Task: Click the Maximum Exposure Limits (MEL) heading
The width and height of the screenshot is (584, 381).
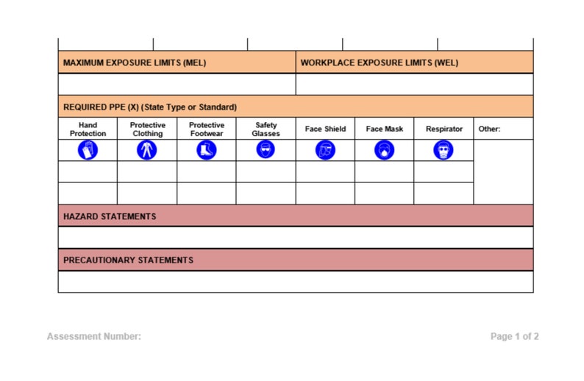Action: [x=135, y=63]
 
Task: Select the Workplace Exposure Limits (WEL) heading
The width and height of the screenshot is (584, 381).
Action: [x=379, y=63]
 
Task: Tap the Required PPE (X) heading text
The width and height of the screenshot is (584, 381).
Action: [x=150, y=107]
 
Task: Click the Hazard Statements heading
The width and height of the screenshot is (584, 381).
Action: [x=110, y=217]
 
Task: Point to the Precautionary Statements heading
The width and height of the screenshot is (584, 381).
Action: [x=128, y=260]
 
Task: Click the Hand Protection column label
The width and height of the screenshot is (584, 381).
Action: [x=88, y=129]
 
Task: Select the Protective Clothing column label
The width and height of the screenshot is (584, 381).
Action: [x=147, y=129]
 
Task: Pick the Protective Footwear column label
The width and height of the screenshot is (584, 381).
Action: [x=207, y=129]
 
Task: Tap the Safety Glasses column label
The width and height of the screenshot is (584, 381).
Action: [x=266, y=129]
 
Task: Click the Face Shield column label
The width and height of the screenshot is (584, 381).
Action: [x=325, y=129]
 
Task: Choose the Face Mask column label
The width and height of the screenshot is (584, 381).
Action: [x=384, y=129]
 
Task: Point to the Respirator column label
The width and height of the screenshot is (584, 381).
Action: [x=444, y=129]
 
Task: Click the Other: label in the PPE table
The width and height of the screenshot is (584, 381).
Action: [x=489, y=129]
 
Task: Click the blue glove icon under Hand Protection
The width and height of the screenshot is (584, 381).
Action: [x=88, y=150]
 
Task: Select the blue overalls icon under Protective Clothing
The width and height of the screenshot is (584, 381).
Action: [x=147, y=150]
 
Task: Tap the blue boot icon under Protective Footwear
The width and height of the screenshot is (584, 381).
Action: [x=207, y=150]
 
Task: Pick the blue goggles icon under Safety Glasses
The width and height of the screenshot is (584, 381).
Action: [x=266, y=150]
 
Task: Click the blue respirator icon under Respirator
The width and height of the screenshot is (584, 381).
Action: [x=444, y=150]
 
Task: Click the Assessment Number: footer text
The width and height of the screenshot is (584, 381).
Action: [x=93, y=337]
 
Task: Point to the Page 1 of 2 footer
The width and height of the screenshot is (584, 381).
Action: [x=514, y=337]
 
